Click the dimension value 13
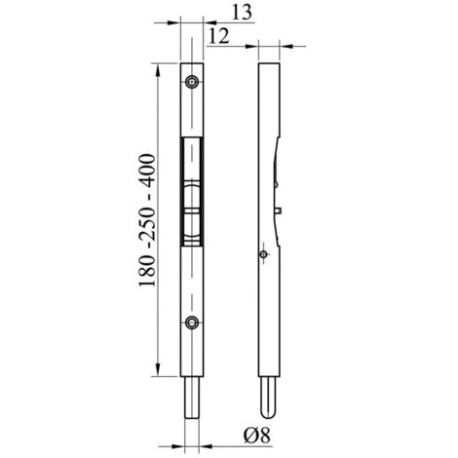click(242, 13)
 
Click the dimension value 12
click(218, 36)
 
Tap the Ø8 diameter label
click(257, 435)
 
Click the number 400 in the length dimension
click(147, 172)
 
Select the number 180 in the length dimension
click(147, 270)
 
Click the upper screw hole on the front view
click(192, 82)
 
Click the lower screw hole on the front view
click(192, 323)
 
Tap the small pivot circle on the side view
click(264, 254)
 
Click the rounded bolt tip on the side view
click(269, 413)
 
